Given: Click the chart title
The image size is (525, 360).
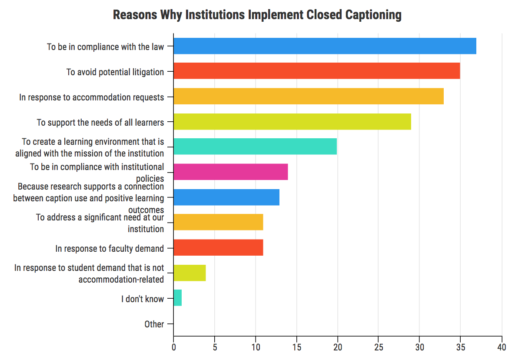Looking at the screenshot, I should [257, 15].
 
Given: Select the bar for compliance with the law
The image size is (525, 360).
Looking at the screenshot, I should [325, 46].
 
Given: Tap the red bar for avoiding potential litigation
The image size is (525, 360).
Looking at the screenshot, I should [316, 71].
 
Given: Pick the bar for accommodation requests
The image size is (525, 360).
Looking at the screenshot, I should [308, 97].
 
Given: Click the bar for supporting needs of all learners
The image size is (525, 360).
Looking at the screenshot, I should [292, 122].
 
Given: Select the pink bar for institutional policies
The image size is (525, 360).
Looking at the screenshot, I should [230, 172].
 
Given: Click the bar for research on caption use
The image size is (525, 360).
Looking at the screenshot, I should [226, 197].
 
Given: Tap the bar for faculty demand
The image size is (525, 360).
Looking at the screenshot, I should [218, 248].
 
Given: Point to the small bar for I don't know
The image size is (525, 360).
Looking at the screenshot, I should [177, 298].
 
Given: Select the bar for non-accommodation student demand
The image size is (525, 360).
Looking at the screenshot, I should [189, 273].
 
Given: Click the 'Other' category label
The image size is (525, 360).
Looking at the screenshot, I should [154, 324].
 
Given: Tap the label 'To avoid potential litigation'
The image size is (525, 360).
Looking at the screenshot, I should [115, 72].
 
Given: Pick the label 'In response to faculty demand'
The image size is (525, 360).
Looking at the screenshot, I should [110, 249].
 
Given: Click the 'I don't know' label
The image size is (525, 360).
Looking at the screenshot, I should [143, 299].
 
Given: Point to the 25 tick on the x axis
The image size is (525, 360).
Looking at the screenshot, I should [378, 347].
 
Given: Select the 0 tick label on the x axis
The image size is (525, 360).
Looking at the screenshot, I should [173, 347].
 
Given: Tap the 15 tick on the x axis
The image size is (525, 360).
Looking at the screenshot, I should [296, 347].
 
